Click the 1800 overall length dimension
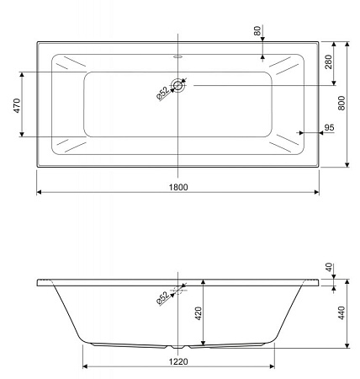(x=177, y=185)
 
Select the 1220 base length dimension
(x=177, y=360)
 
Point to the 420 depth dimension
(x=199, y=315)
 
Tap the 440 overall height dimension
(x=340, y=314)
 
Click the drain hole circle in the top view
(x=178, y=84)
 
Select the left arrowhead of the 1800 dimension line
(x=40, y=192)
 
